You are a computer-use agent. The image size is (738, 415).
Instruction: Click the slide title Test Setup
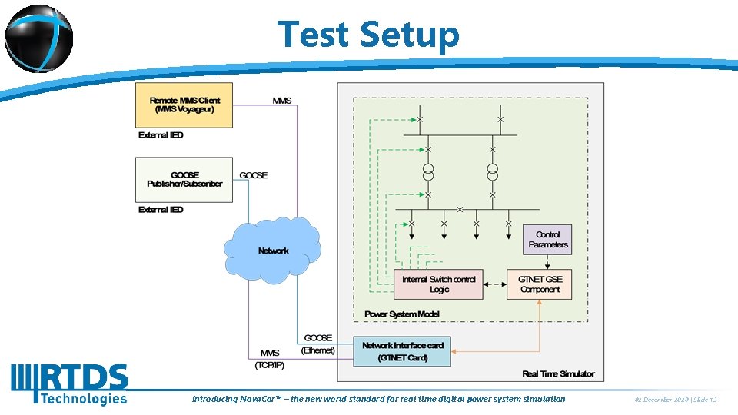click(368, 35)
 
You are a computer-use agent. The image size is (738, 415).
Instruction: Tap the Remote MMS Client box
click(184, 105)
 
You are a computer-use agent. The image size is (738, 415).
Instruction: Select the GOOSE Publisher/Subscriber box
click(184, 179)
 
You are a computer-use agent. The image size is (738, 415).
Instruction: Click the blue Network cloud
click(273, 251)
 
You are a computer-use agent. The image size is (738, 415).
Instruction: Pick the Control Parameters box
click(548, 240)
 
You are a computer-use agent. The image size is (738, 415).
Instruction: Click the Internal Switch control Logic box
click(439, 284)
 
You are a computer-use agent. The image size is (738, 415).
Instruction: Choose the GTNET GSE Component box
click(540, 284)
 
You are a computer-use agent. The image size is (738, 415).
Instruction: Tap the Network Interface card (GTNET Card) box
click(402, 351)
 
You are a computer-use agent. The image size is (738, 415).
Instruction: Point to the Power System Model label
click(402, 314)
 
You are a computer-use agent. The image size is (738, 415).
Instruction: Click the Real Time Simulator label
click(558, 373)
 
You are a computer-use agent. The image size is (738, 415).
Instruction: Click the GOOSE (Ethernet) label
click(318, 344)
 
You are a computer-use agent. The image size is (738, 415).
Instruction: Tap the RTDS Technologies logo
click(69, 383)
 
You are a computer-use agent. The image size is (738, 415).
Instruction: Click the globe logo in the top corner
click(38, 38)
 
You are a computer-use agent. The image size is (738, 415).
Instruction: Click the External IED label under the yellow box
click(161, 135)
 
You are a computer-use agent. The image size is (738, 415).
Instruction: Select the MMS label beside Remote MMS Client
click(282, 101)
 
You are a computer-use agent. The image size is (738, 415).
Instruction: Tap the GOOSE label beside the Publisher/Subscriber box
click(254, 175)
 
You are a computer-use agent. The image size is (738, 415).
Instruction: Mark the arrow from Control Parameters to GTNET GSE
click(547, 261)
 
